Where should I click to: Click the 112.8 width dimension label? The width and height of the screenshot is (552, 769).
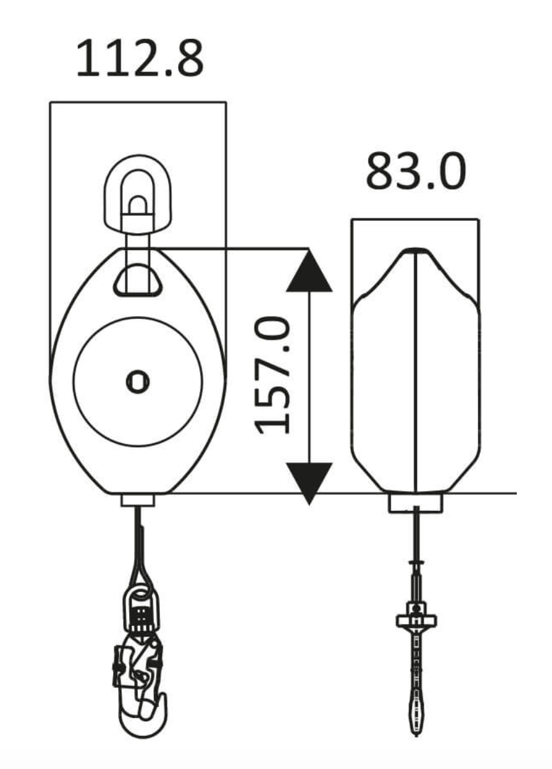139,59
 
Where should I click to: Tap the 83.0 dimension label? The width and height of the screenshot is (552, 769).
415,171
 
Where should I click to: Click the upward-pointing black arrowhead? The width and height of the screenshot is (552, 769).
309,272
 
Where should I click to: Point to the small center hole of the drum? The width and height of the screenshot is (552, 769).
137,382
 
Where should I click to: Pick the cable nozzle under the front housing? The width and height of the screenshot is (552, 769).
138,500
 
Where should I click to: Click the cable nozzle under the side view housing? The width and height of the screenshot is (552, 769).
416,503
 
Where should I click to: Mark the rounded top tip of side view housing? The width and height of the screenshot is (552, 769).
416,250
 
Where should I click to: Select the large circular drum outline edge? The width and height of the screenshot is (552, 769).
74,382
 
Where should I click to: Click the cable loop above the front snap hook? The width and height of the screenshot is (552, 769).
138,562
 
